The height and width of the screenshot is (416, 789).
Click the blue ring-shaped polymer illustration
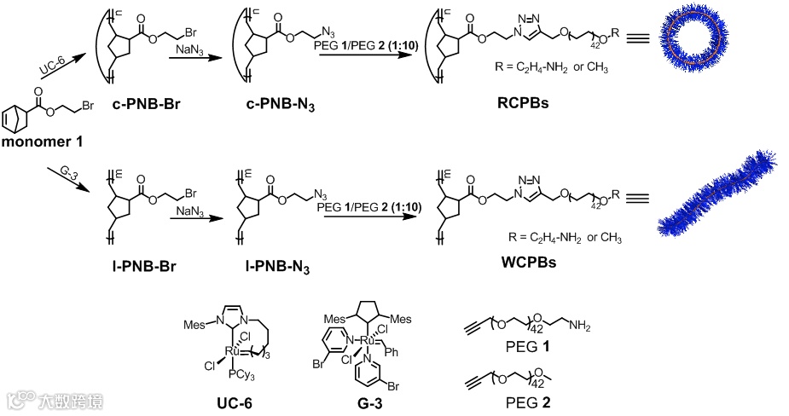(x=697, y=48)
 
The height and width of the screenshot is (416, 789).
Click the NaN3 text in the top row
(x=190, y=53)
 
